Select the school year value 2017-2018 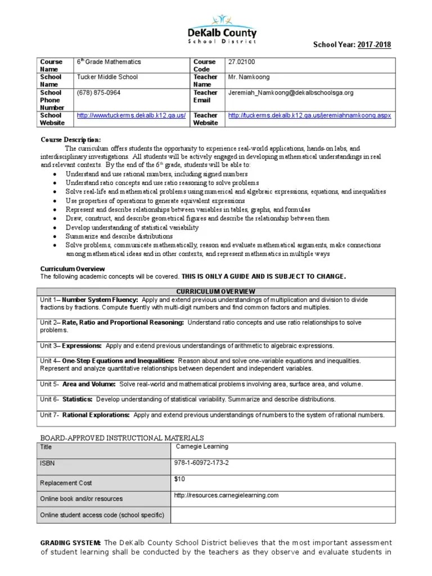pos(374,45)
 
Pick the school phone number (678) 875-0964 pos(98,92)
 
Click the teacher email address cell pos(290,92)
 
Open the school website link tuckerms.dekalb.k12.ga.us pos(131,115)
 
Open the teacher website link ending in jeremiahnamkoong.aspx pos(309,115)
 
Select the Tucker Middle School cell pos(107,77)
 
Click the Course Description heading pos(70,139)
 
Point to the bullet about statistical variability pos(132,227)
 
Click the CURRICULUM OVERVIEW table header pos(215,291)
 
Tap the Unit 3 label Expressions pos(82,345)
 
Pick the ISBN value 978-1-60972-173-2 pos(202,462)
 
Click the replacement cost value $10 pos(179,479)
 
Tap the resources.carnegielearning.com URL pos(227,495)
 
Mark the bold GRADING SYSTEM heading pos(70,542)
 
